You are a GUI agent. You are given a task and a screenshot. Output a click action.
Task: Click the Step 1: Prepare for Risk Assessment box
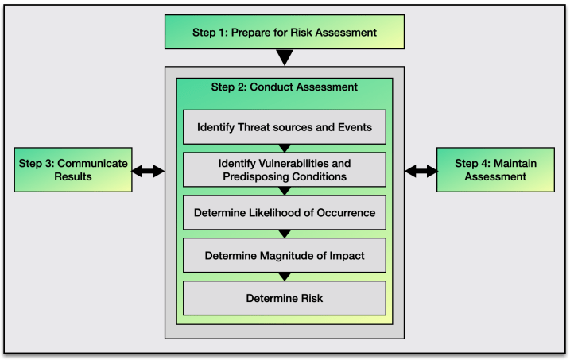[284, 33]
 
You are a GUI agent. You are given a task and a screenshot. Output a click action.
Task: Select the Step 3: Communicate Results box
[73, 169]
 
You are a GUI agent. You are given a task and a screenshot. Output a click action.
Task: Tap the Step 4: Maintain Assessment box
[495, 169]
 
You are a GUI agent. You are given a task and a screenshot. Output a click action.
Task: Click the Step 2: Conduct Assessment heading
[284, 87]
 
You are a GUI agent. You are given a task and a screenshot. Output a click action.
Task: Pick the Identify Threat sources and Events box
[284, 126]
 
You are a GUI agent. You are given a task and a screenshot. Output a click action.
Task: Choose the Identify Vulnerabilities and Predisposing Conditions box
[284, 169]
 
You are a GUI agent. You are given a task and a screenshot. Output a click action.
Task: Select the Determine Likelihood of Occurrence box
[284, 212]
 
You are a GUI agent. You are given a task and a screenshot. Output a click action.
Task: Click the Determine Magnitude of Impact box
[284, 255]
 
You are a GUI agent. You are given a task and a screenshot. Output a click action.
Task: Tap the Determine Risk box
[284, 298]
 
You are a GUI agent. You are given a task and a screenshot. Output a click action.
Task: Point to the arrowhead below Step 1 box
[284, 57]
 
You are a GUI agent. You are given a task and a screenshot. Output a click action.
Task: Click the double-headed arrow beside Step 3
[148, 170]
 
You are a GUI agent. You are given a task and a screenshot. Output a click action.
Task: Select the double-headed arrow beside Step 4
[421, 170]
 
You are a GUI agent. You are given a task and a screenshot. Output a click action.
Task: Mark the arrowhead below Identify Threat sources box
[284, 147]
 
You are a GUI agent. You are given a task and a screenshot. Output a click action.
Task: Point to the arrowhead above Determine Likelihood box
[284, 191]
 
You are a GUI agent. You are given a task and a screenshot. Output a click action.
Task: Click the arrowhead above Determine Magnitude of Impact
[284, 233]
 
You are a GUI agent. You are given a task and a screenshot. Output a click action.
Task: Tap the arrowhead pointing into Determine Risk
[284, 276]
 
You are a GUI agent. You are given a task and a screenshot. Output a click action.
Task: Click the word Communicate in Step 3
[95, 162]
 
